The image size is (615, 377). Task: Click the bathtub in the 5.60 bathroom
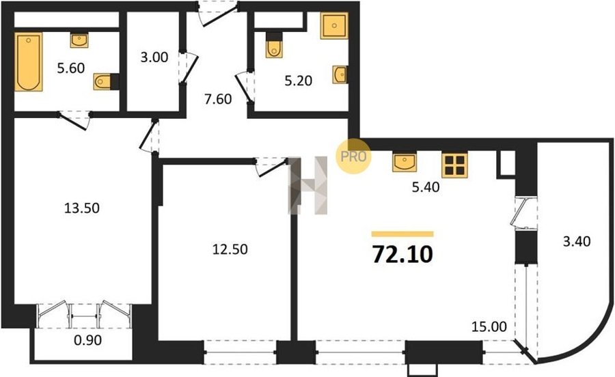(x=28, y=62)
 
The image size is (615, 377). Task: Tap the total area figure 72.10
(x=402, y=254)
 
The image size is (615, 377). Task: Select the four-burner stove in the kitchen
(x=454, y=165)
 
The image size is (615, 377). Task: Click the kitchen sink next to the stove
(x=405, y=163)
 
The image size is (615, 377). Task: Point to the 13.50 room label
(x=81, y=208)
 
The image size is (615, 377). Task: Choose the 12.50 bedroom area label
(x=230, y=249)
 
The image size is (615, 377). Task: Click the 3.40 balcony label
(x=577, y=241)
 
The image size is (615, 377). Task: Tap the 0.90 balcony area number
(x=88, y=340)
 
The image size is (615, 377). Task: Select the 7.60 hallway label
(x=218, y=99)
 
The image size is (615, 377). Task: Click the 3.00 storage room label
(x=154, y=57)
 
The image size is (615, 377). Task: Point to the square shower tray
(x=334, y=25)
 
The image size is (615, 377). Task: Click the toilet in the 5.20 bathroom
(x=274, y=45)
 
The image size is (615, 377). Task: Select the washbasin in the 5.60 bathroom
(x=79, y=40)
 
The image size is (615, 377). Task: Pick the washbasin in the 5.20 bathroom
(x=340, y=74)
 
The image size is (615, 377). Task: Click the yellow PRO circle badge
(x=353, y=156)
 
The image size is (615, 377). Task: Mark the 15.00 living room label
(x=489, y=326)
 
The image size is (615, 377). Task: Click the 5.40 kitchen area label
(x=426, y=187)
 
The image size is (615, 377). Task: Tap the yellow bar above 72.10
(x=402, y=234)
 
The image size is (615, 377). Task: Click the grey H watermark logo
(x=308, y=185)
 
